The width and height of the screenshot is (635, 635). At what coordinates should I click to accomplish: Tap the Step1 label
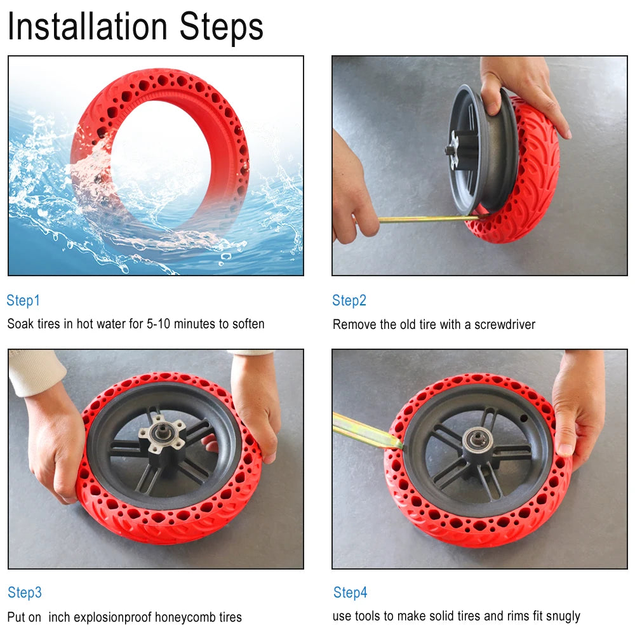23,300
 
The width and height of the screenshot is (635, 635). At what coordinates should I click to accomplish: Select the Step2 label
349,300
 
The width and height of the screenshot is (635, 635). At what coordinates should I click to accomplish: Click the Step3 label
25,592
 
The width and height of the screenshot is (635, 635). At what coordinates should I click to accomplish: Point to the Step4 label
351,592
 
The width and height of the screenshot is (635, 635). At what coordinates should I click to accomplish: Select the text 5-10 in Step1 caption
159,324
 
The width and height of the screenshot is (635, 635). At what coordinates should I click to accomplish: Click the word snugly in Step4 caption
561,616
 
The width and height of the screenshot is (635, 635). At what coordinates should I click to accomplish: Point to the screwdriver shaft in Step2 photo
425,219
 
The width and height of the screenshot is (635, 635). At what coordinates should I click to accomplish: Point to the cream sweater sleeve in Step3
35,371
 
